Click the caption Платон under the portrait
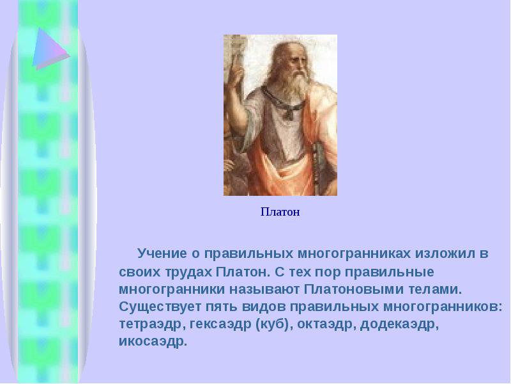click(x=280, y=212)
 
